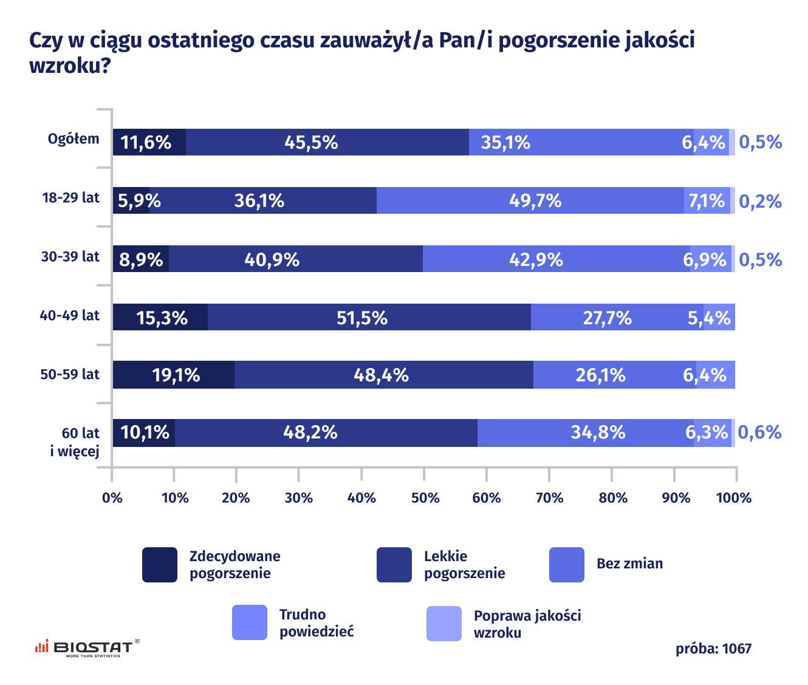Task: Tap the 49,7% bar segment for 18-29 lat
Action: (x=530, y=200)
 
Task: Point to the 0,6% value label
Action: (x=759, y=432)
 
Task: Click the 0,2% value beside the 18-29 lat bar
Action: (x=760, y=201)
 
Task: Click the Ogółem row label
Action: (x=74, y=139)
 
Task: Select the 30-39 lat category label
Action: (x=70, y=257)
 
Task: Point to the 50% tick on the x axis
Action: (x=425, y=498)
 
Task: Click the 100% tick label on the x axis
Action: (x=734, y=498)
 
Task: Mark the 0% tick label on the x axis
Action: (x=112, y=498)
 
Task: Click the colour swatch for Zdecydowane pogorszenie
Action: (x=160, y=565)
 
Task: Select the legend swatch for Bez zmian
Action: (x=566, y=565)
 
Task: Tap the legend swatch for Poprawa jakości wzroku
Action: (x=444, y=623)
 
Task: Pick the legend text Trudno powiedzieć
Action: (x=316, y=623)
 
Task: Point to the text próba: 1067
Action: (x=713, y=649)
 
